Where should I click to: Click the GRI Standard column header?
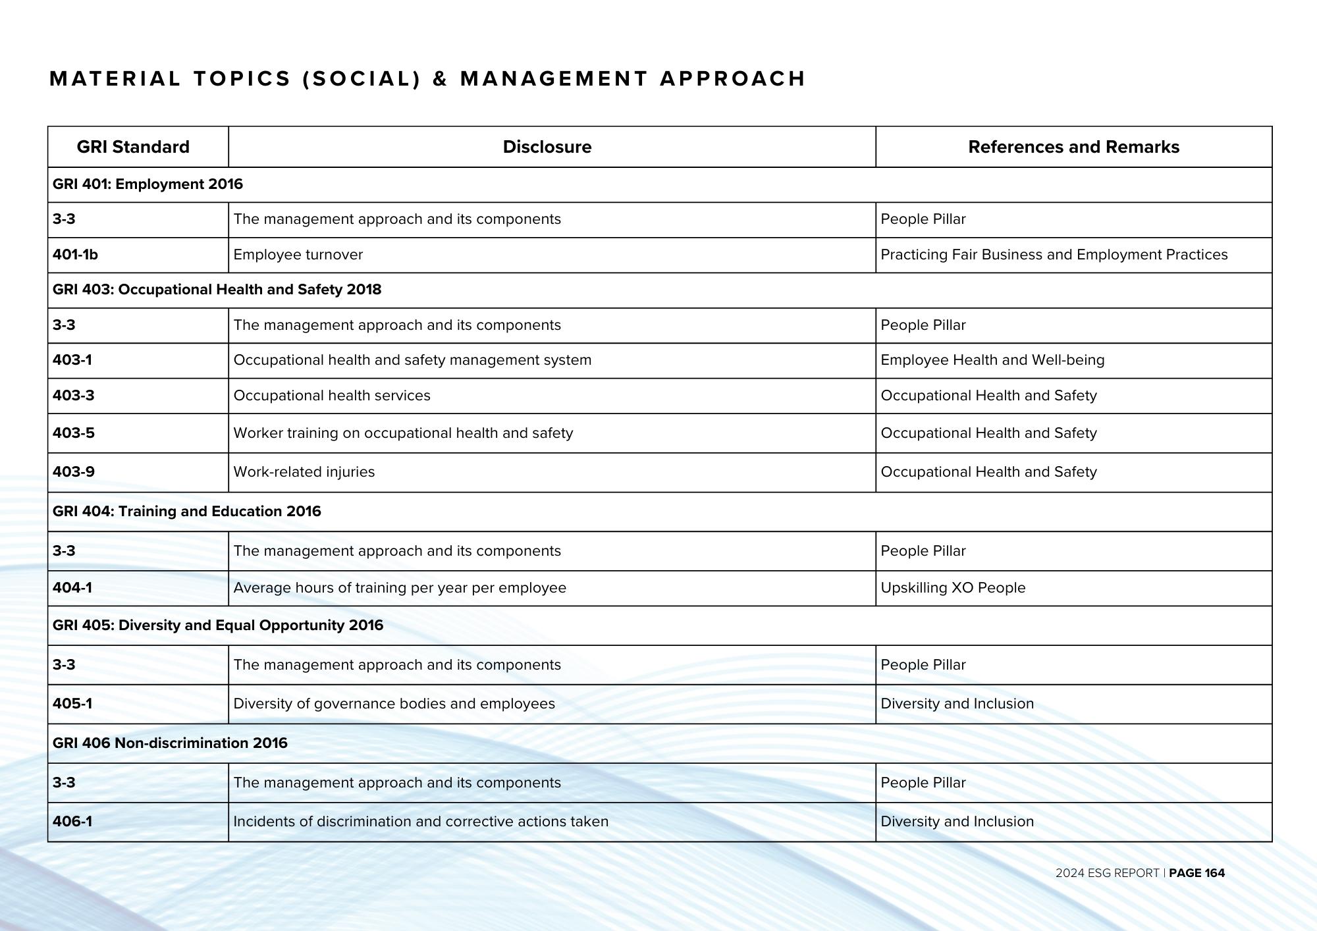[x=133, y=147]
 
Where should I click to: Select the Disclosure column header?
[x=547, y=147]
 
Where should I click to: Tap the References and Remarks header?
[x=1073, y=147]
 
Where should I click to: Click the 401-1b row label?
[x=75, y=255]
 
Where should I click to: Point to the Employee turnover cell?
[x=298, y=255]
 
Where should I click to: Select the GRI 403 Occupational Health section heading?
[x=217, y=290]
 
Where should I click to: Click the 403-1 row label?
[x=72, y=360]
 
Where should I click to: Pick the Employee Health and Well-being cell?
[x=992, y=360]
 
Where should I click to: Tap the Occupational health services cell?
[x=331, y=396]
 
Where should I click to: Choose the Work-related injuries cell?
[x=304, y=472]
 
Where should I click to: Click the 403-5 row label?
[x=74, y=433]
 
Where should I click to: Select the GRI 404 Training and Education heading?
[x=186, y=512]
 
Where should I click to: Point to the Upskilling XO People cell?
[x=953, y=588]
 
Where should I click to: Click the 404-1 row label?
[x=72, y=588]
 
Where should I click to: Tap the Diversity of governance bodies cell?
[x=394, y=704]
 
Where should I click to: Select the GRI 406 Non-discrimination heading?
[x=170, y=743]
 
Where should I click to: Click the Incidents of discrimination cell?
[x=420, y=822]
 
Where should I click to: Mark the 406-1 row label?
[x=72, y=822]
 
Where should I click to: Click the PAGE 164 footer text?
[x=1196, y=873]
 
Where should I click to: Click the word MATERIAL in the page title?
[x=115, y=79]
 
